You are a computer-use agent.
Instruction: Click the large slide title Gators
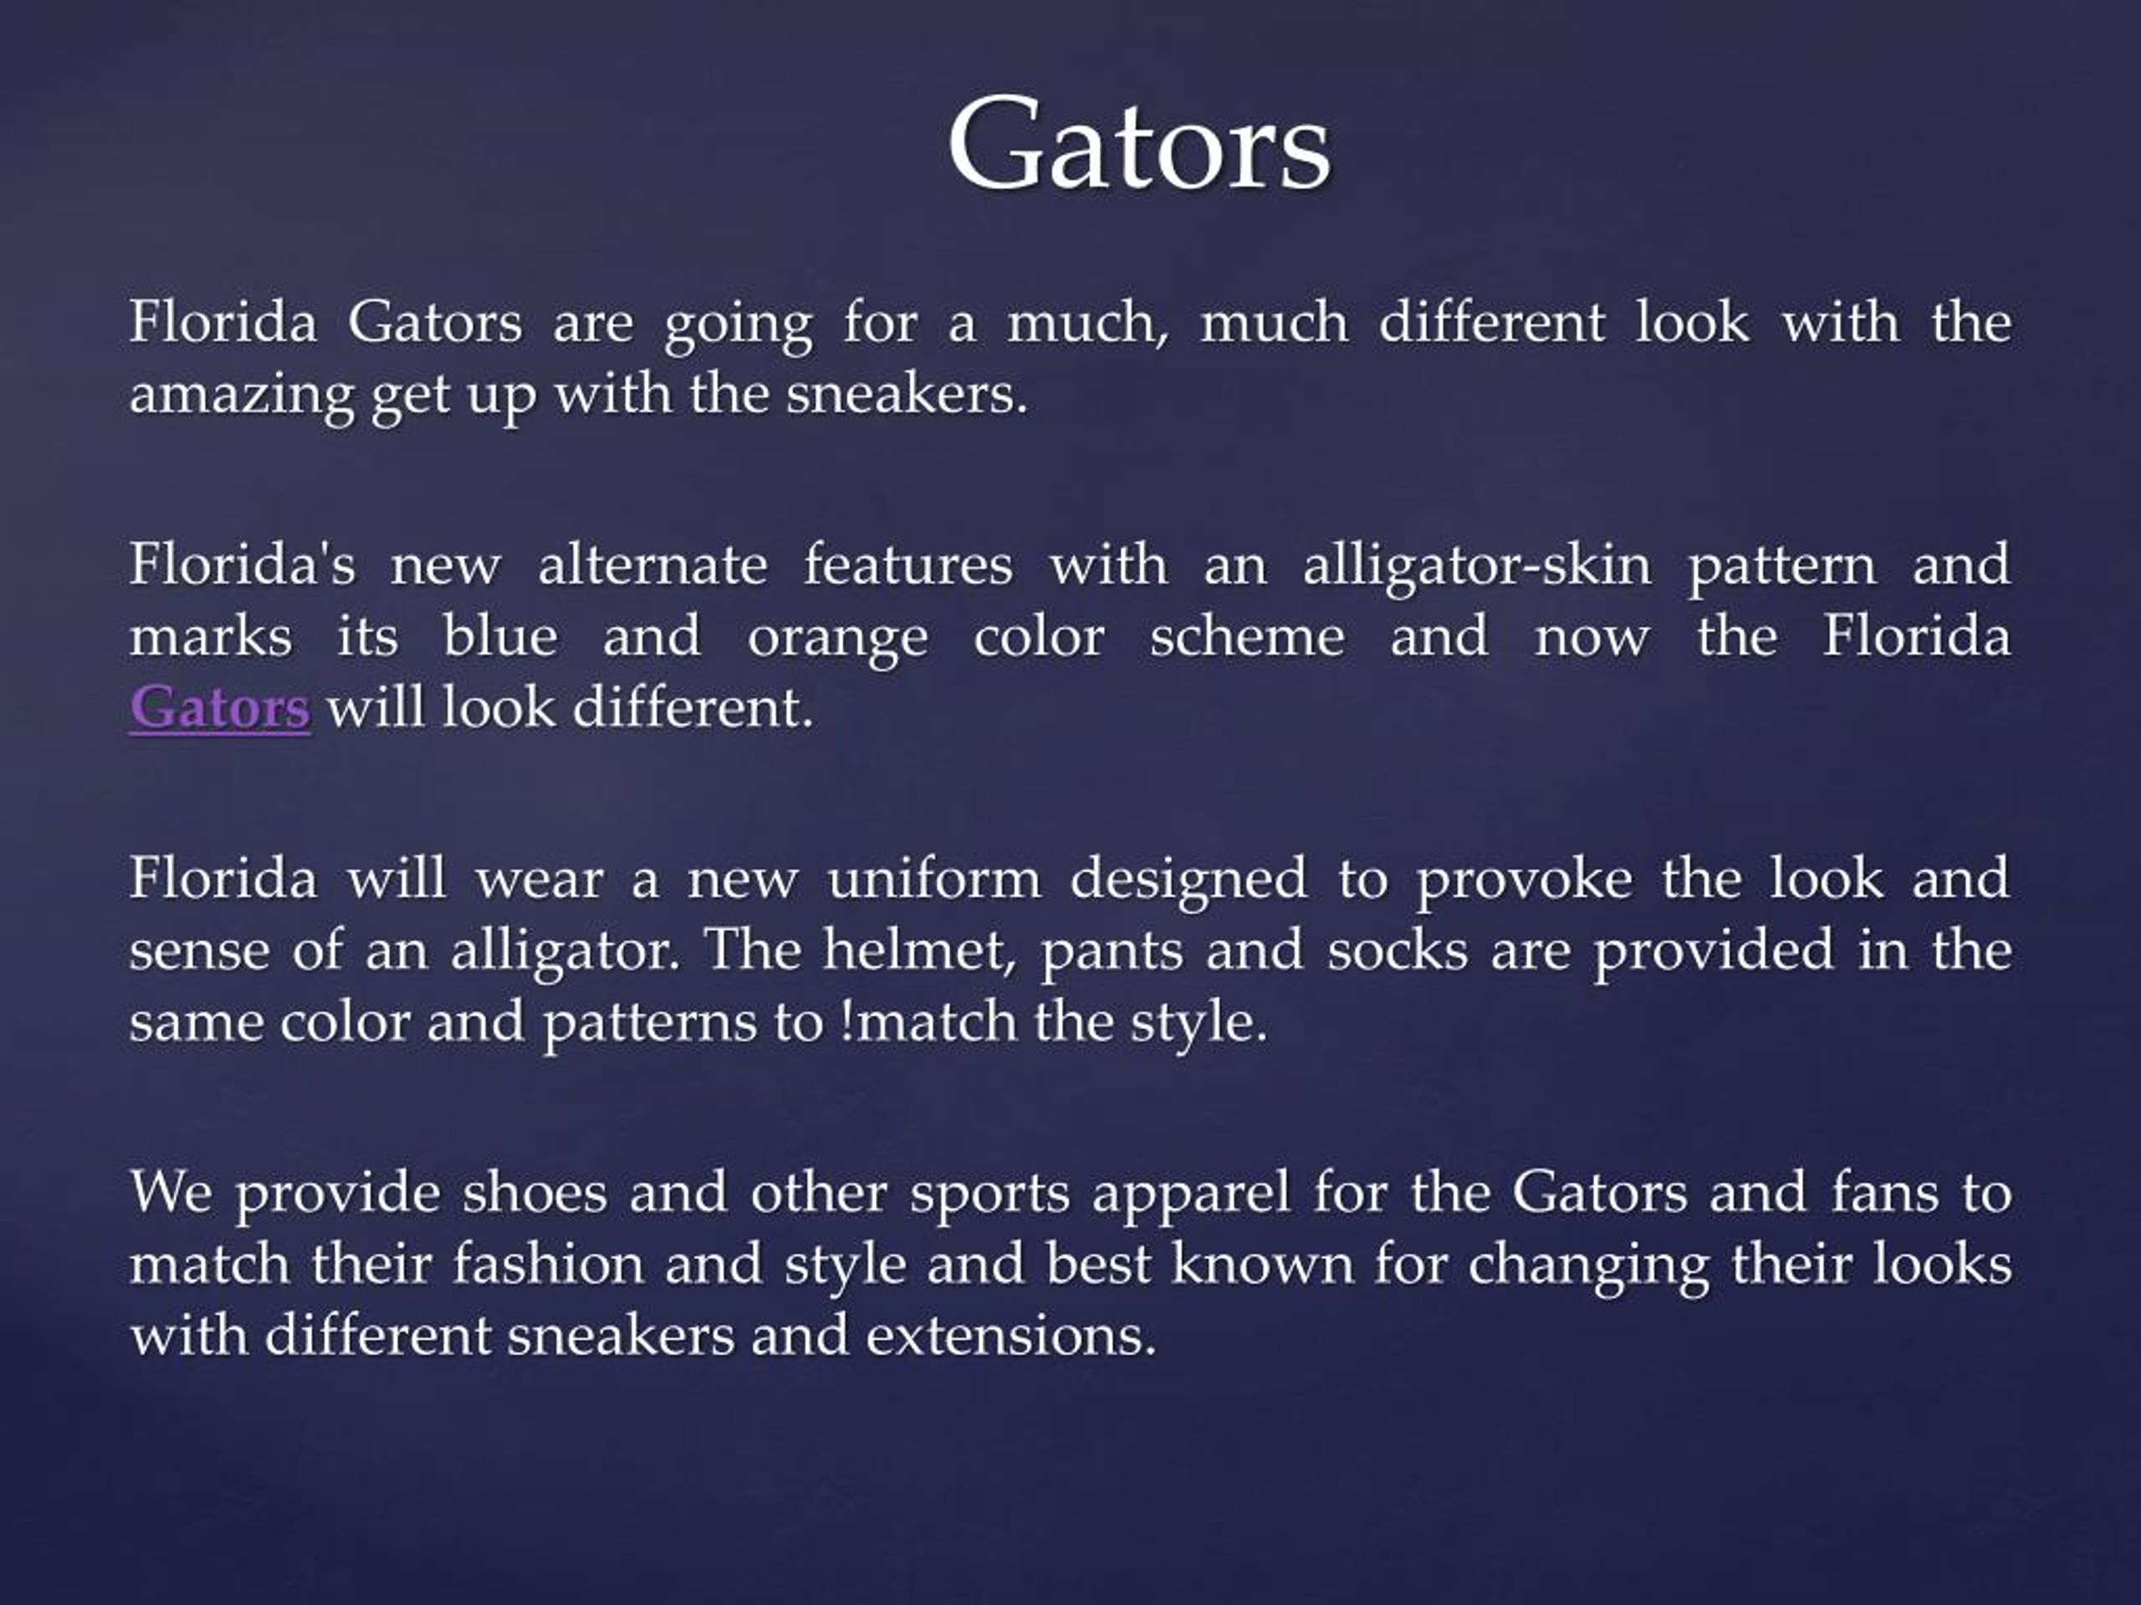(x=1139, y=145)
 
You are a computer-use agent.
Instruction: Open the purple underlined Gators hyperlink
(x=220, y=707)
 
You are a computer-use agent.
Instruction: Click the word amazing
(x=241, y=395)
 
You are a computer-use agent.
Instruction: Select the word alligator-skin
(x=1477, y=564)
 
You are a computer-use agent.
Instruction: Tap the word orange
(x=837, y=637)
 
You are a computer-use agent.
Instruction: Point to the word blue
(x=499, y=637)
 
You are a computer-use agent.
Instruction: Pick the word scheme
(x=1247, y=637)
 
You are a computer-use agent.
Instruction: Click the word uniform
(x=934, y=879)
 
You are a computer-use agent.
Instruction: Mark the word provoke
(x=1525, y=879)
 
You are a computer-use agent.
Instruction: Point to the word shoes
(x=534, y=1192)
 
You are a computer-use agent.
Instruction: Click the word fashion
(x=548, y=1263)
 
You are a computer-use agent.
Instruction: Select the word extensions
(x=1011, y=1336)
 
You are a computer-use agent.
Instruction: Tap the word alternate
(x=652, y=564)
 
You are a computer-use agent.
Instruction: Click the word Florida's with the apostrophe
(x=243, y=564)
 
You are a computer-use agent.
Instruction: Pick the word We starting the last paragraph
(x=171, y=1192)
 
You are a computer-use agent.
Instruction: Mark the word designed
(x=1188, y=879)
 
